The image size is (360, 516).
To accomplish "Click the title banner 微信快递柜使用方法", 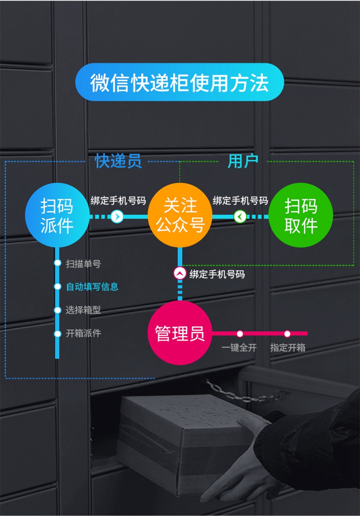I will coord(180,82).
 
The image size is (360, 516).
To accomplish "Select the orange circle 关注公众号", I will coord(180,216).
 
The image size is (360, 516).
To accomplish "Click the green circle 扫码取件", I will coord(301,216).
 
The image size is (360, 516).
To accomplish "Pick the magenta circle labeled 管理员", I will coord(180,333).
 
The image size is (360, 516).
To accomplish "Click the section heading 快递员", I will coord(118,161).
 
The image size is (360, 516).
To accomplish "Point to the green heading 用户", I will coord(243,161).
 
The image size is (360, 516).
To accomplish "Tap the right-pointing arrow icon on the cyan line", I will coord(117,216).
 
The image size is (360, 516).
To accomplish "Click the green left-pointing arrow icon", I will coord(240,216).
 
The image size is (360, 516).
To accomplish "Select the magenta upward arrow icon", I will coord(180,274).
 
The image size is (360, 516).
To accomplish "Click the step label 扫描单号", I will coord(83,264).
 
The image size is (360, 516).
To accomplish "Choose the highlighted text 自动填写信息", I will coord(92,287).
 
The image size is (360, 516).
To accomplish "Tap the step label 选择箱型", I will coord(83,310).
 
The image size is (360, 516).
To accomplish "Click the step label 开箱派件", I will coord(83,333).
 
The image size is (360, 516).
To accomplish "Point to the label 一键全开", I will coord(239,348).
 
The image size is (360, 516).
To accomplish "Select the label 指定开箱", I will coord(288,348).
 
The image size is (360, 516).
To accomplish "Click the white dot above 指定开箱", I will coord(288,334).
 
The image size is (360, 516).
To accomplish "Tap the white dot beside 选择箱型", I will coord(58,310).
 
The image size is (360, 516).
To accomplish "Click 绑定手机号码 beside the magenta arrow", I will coord(217,274).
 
